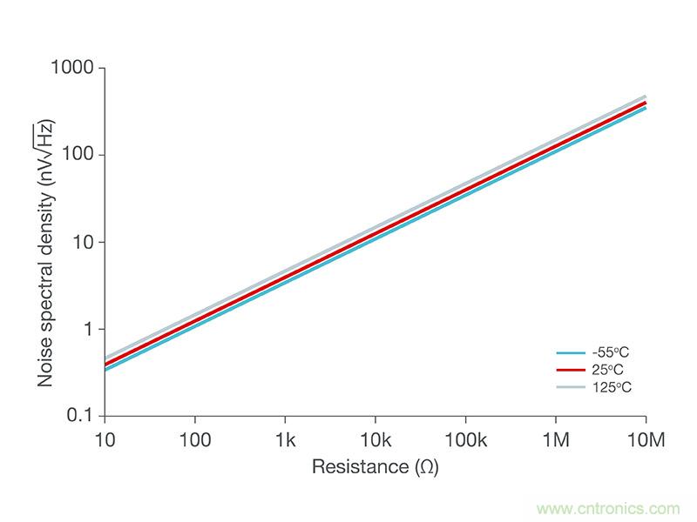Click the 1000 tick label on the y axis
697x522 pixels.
tap(77, 68)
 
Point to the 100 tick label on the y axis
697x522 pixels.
tap(81, 155)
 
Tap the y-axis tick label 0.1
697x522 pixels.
tap(81, 416)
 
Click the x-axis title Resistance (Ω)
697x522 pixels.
tap(375, 467)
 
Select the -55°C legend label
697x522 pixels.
tap(611, 353)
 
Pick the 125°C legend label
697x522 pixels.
tap(612, 386)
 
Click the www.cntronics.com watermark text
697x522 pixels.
tap(609, 508)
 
